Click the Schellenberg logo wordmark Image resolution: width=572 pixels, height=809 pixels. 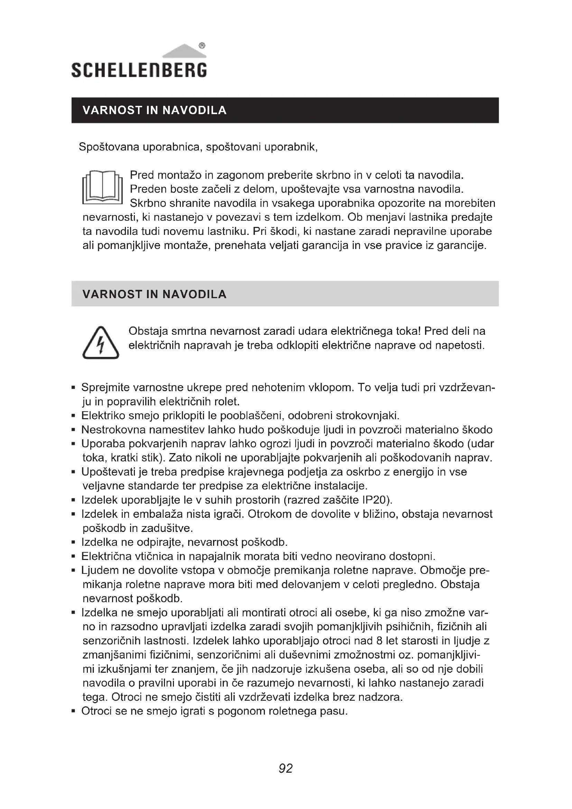coord(139,70)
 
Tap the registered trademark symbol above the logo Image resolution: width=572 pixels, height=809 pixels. coord(202,45)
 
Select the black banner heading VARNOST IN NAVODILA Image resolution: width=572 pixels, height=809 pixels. coord(154,110)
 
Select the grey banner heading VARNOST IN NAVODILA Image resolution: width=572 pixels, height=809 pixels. coord(154,294)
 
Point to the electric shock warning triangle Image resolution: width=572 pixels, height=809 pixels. coord(101,343)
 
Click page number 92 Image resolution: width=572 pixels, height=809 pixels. coord(286,769)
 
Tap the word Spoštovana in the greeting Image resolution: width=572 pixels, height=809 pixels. coord(109,147)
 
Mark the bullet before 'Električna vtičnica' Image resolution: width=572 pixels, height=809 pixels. coord(73,557)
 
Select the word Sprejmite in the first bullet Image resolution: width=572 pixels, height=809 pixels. coord(106,388)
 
